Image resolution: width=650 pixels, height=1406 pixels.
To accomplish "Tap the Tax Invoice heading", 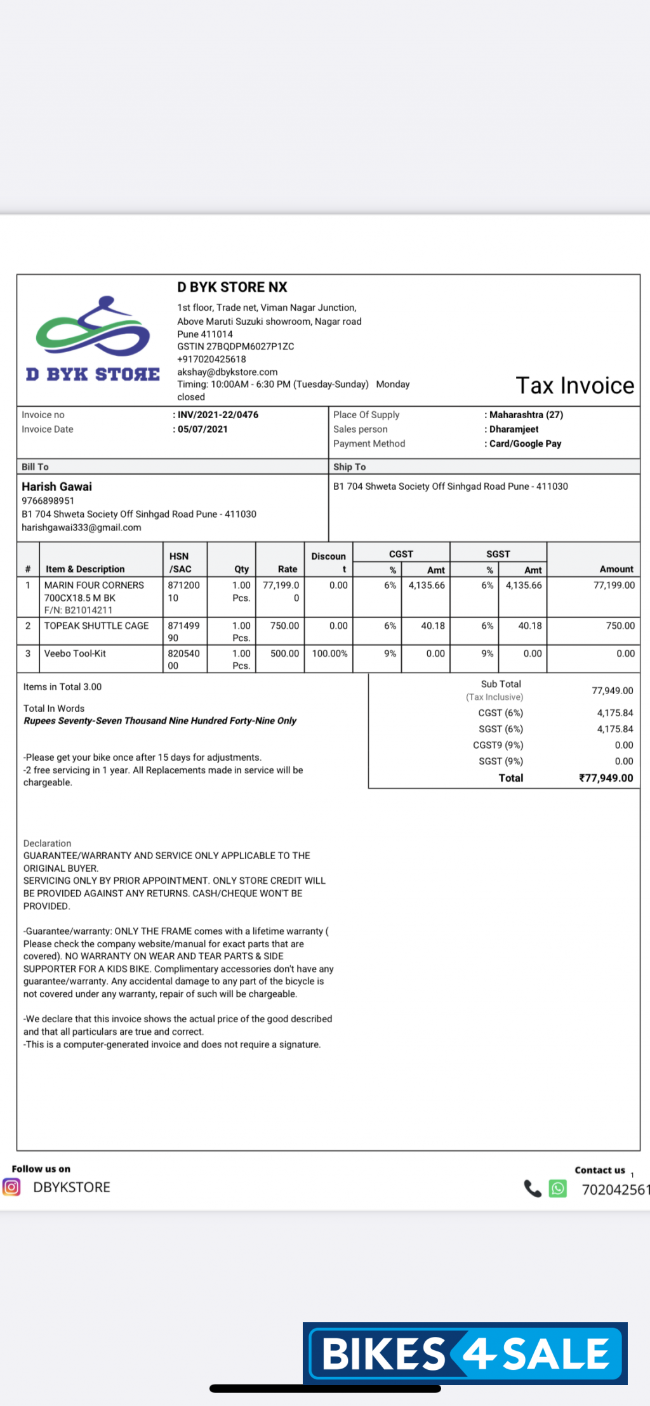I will coord(574,386).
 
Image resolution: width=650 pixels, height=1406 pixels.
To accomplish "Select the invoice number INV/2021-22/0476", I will coord(218,415).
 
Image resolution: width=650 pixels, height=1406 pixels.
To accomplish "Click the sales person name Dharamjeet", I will coord(514,430).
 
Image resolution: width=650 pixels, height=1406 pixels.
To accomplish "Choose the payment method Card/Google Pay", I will coord(525,444).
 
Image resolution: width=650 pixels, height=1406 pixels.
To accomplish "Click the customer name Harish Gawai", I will coord(56,487).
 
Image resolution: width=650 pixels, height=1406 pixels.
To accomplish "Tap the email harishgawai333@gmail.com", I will coord(81,528).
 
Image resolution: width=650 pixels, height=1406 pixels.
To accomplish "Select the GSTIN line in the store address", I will coord(235,346).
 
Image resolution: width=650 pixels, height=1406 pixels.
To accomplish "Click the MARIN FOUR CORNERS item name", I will coord(94,585).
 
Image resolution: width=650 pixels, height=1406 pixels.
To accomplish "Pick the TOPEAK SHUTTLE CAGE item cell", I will coord(96,626).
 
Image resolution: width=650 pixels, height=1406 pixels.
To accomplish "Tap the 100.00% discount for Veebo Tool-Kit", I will coord(329,654).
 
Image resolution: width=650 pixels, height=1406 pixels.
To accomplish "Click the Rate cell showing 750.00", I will coord(284,626).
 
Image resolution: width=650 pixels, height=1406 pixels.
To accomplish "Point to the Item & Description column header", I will coord(85,569).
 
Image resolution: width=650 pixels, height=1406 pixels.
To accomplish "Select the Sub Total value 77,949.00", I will coord(612,690).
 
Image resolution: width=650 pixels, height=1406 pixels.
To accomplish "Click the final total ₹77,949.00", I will coord(606,778).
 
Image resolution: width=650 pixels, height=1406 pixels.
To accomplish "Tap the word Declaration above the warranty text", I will coord(47,843).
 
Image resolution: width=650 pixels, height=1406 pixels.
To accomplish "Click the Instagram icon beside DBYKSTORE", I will coord(11,1186).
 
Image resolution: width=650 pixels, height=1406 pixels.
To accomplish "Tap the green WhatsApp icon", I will coord(557,1188).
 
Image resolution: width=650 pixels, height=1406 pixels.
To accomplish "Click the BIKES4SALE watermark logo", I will coord(465,1353).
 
